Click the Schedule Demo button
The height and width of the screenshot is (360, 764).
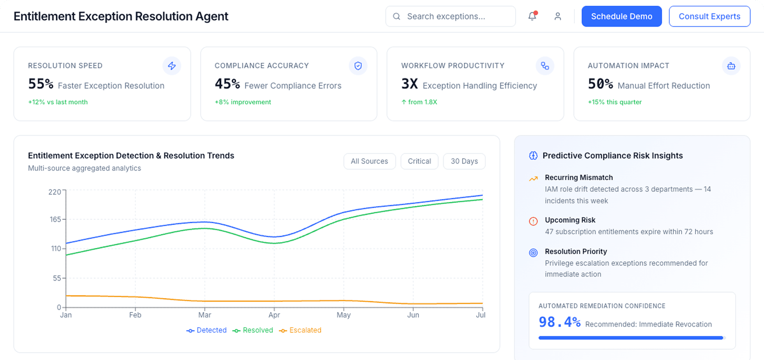coord(621,16)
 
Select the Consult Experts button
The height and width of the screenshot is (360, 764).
coord(709,16)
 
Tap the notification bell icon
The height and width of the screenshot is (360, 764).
coord(532,16)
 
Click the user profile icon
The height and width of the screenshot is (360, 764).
coord(557,16)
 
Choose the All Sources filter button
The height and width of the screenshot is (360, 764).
coord(369,161)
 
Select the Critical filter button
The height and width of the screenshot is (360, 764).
coord(419,161)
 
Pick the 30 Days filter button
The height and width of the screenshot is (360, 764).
coord(464,161)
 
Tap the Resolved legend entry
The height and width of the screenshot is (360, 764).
coord(253,330)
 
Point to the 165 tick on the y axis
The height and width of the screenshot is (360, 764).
coord(55,219)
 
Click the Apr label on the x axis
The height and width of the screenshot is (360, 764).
coord(274,315)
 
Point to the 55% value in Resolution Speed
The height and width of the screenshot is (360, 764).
coord(41,84)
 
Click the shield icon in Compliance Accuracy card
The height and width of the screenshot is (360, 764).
coord(358,66)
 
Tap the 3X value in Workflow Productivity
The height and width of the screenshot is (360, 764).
coord(409,84)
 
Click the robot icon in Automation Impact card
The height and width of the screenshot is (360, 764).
coord(731,66)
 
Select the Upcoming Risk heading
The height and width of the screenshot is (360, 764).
coord(570,220)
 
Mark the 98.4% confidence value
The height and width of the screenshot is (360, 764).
coord(559,322)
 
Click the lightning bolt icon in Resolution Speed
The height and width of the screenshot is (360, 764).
coord(172,66)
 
